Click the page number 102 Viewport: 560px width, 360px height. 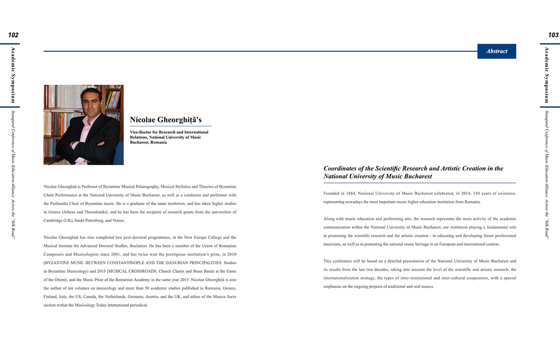pyautogui.click(x=13, y=35)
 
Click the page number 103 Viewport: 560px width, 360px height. pyautogui.click(x=553, y=35)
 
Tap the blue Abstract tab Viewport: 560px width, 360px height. pyautogui.click(x=497, y=51)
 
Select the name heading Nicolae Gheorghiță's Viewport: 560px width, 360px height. pyautogui.click(x=165, y=120)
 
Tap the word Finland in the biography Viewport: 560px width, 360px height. pyautogui.click(x=50, y=297)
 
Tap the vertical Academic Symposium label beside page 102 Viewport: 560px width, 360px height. pyautogui.click(x=13, y=75)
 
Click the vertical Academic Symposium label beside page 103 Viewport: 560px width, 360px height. pyautogui.click(x=547, y=75)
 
